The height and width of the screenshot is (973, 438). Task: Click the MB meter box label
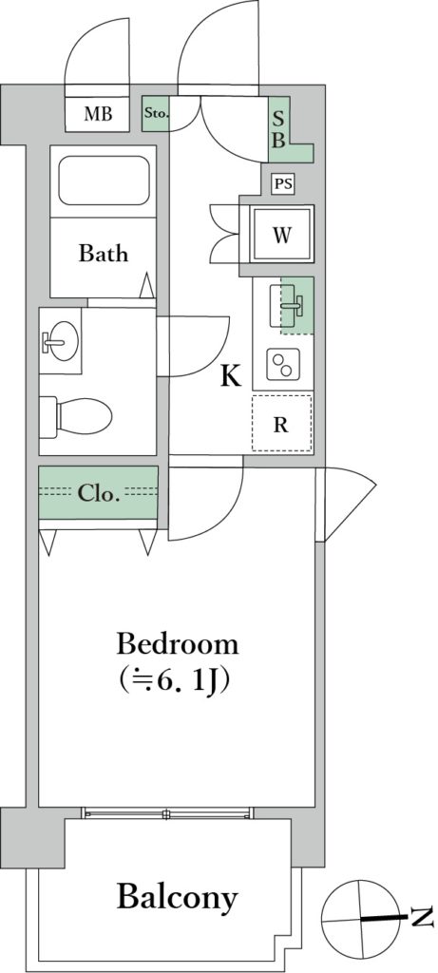coord(98,114)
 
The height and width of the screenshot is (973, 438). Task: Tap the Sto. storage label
coord(157,114)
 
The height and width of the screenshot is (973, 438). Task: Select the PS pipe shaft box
coord(283,183)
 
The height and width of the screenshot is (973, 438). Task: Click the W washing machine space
coord(281,236)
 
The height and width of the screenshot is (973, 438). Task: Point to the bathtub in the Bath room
coord(105,180)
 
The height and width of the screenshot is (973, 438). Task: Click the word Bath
coord(103,254)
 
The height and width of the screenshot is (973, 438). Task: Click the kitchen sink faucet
coord(293,304)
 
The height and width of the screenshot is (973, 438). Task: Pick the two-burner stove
coord(283,364)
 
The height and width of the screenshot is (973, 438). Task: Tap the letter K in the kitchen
coord(231,376)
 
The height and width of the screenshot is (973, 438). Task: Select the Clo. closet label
coord(98,494)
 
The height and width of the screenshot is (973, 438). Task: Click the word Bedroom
coord(178,644)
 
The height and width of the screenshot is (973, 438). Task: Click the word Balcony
coord(178,897)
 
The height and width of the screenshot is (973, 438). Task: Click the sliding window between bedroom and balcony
coord(168,812)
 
